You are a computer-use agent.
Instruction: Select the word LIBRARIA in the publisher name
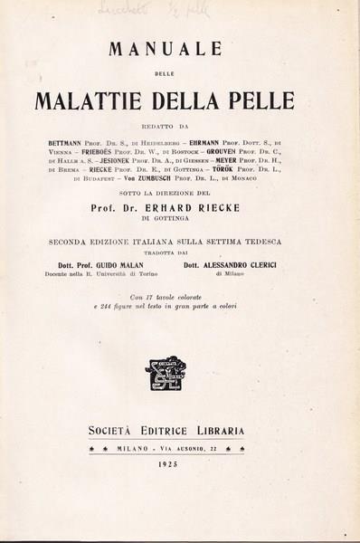(x=221, y=431)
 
